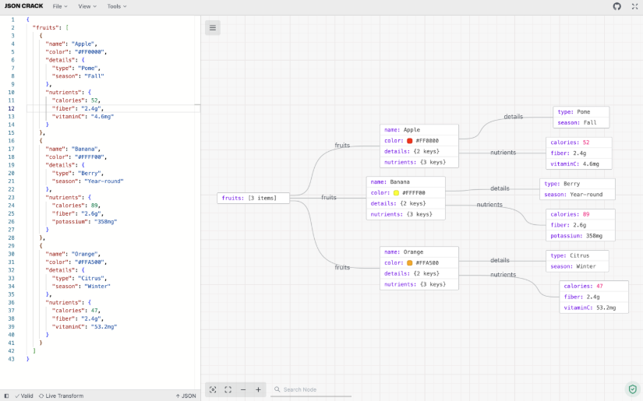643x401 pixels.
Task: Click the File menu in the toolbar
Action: coord(60,6)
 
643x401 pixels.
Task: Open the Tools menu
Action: coord(117,6)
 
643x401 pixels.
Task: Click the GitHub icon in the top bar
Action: coord(617,6)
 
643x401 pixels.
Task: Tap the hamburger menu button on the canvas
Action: coord(213,28)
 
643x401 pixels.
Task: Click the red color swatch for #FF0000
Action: coord(409,140)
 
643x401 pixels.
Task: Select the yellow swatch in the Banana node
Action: coord(396,192)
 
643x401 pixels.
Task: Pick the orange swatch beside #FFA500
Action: coord(409,262)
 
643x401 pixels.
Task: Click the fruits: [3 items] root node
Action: coord(253,199)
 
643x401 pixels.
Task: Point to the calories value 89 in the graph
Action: coord(586,214)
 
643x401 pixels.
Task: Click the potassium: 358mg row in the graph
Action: coord(580,236)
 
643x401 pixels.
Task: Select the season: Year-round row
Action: coord(577,195)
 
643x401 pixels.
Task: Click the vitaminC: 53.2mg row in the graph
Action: coord(594,308)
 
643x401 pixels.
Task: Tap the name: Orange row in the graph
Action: coord(419,252)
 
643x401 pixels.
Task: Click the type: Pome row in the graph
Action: coord(581,112)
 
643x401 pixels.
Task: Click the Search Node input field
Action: coord(312,389)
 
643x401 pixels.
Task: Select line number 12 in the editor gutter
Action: coord(11,108)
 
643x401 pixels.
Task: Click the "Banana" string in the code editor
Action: coord(85,149)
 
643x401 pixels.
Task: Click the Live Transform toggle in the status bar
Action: coord(61,396)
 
